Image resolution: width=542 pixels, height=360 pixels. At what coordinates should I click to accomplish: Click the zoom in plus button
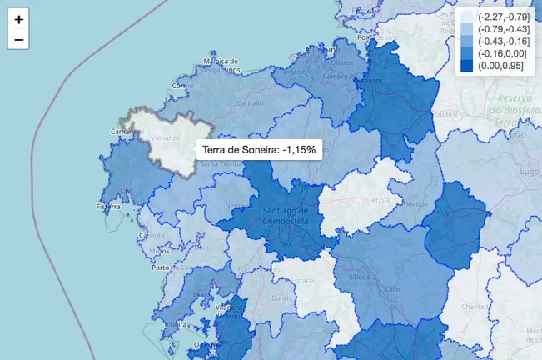[x=18, y=18]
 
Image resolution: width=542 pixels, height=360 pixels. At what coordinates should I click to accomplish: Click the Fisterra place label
[x=109, y=207]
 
